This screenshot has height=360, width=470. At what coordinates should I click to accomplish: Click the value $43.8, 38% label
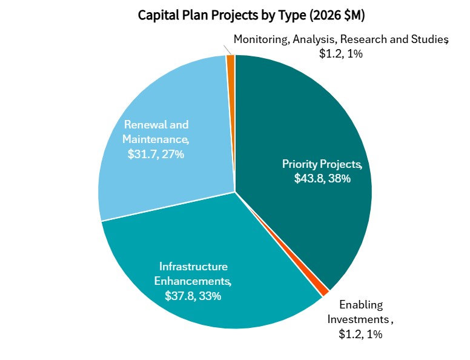[322, 178]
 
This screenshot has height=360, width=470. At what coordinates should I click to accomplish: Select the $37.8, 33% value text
[193, 296]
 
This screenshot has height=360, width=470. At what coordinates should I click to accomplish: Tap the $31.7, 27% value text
[156, 154]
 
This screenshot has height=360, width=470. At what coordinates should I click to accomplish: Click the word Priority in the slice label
[300, 164]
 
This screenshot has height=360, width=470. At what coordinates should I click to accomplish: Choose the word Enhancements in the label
[192, 281]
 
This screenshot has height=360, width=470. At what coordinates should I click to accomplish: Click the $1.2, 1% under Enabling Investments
[360, 333]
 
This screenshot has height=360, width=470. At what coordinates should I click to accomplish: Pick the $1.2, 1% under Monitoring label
[341, 53]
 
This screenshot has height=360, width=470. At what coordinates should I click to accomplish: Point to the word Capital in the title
[157, 13]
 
